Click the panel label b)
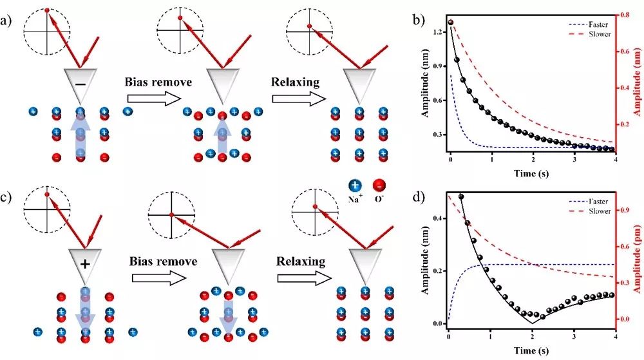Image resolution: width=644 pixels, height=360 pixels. [x=418, y=19]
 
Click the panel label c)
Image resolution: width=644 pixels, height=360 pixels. [x=8, y=191]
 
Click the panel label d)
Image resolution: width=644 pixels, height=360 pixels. [x=418, y=191]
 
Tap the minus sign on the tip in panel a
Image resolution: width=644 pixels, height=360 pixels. [x=79, y=85]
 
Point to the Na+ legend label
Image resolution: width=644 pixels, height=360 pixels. [x=355, y=199]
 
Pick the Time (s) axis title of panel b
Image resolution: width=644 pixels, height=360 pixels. [x=531, y=173]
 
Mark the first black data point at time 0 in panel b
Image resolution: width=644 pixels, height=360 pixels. [x=450, y=23]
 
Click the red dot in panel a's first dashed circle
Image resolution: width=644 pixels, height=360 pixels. [x=46, y=10]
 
